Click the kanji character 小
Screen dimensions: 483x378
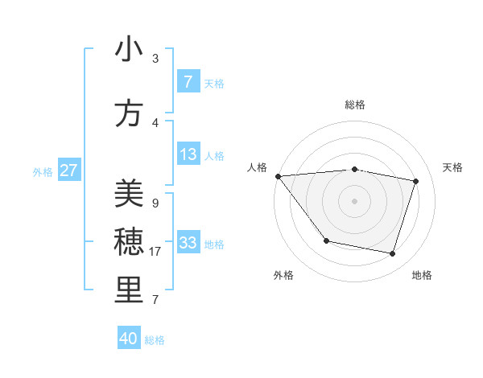[129, 50]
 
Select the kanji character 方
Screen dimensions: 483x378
[129, 113]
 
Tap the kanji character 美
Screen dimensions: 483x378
[129, 194]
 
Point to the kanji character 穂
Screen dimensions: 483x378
[129, 242]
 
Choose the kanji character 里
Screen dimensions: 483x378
[129, 290]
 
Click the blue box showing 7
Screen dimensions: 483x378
[188, 82]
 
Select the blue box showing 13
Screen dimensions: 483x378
[188, 154]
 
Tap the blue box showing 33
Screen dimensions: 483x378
[188, 243]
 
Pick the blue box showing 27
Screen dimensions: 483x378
[69, 171]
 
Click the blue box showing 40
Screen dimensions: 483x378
[129, 339]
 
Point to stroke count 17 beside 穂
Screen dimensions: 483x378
[157, 252]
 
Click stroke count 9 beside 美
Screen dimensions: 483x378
[155, 203]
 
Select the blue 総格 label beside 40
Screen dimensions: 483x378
[155, 340]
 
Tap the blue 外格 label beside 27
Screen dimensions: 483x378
[43, 171]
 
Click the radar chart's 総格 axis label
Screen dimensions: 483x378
[355, 105]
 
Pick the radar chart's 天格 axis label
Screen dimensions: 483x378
[452, 167]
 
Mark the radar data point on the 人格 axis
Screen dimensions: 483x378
[278, 176]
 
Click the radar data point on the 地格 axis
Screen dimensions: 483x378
[392, 253]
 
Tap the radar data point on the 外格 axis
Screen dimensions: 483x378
[326, 240]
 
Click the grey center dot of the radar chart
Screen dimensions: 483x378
[355, 201]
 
